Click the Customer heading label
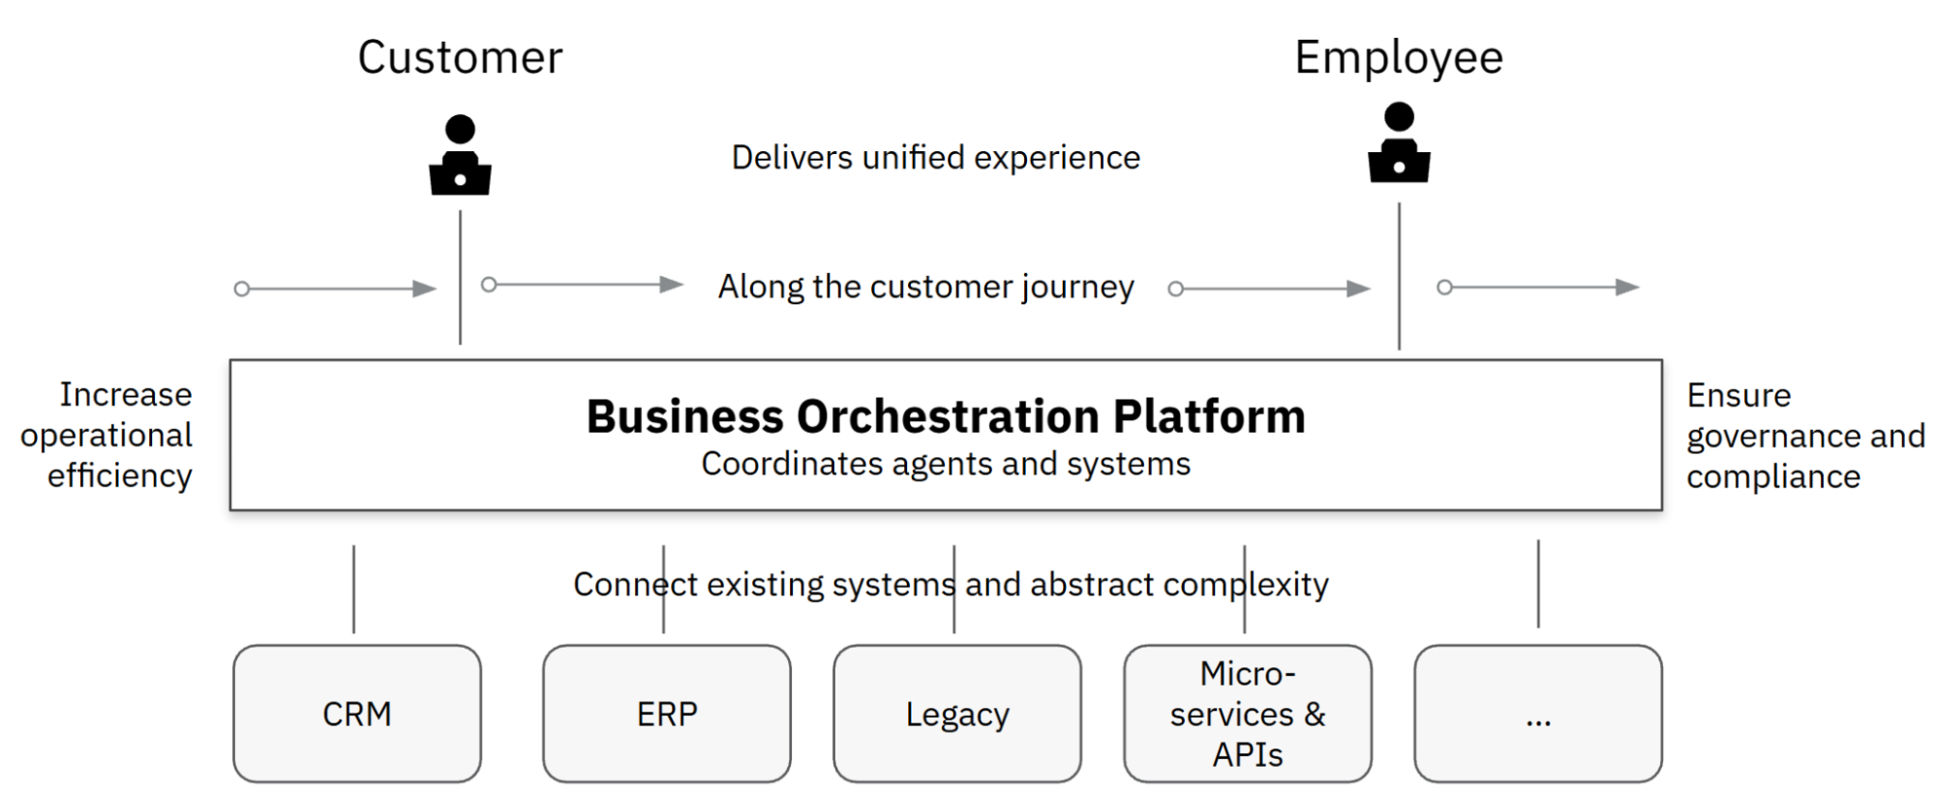click(460, 57)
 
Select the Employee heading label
click(1399, 57)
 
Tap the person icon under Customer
click(460, 156)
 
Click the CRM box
click(357, 714)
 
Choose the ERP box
click(667, 714)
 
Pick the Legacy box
click(957, 714)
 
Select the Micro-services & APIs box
click(1248, 714)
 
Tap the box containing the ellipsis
click(1538, 714)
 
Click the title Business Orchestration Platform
click(946, 416)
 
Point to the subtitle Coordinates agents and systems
click(946, 464)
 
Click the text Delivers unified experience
click(935, 157)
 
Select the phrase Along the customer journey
click(925, 287)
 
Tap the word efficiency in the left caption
click(120, 476)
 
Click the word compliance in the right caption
click(1773, 476)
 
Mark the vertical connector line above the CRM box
click(353, 589)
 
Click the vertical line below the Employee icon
click(1399, 276)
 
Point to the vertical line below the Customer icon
click(460, 277)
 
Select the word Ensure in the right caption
click(1738, 395)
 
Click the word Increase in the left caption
click(126, 394)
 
